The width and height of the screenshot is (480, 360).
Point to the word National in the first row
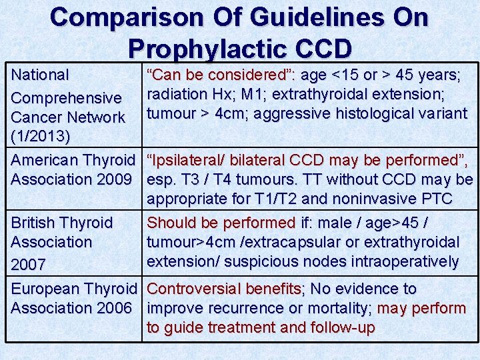click(x=41, y=75)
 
